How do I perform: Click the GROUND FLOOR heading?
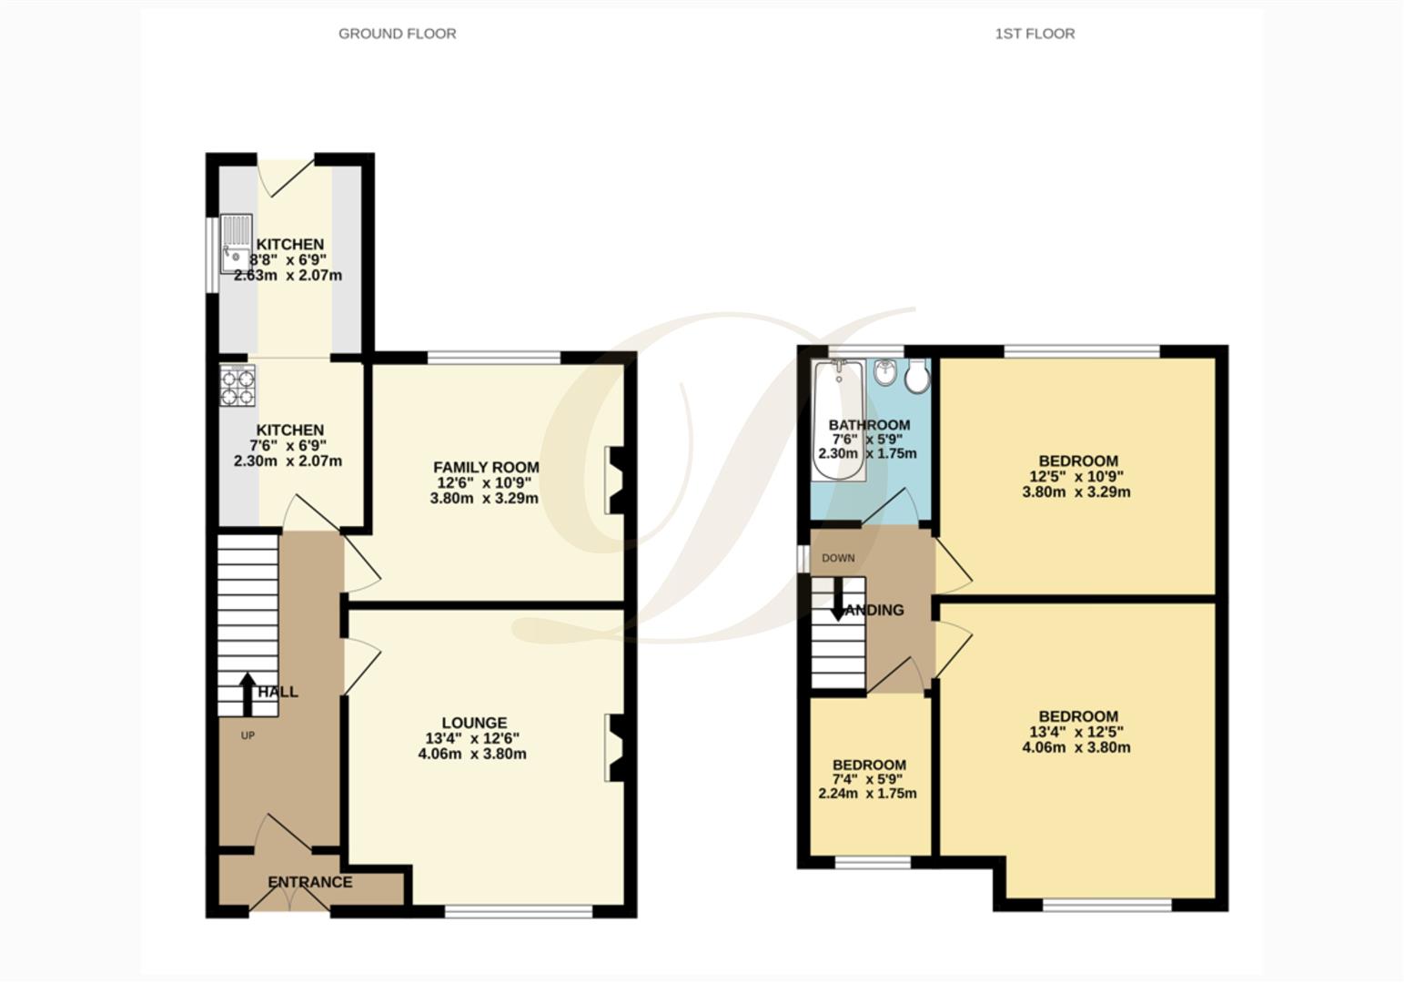coord(397,34)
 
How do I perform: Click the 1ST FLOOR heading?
coord(1035,34)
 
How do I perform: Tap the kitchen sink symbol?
coord(236,243)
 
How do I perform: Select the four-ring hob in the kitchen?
coord(237,384)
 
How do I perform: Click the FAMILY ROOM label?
coord(486,467)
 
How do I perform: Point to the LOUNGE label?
coord(474,723)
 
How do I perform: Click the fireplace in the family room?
coord(615,480)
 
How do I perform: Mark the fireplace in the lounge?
coord(615,748)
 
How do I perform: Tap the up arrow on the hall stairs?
coord(247,694)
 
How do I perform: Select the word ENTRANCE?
coord(309,882)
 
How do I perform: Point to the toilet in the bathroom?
coord(917,376)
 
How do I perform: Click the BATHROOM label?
coord(869,425)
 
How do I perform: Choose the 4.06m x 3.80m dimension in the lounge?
coord(472,754)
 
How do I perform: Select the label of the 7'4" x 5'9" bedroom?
coord(869,765)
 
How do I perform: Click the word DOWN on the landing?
coord(838,558)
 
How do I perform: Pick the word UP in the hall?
coord(247,735)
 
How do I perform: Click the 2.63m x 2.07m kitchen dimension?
coord(288,275)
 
